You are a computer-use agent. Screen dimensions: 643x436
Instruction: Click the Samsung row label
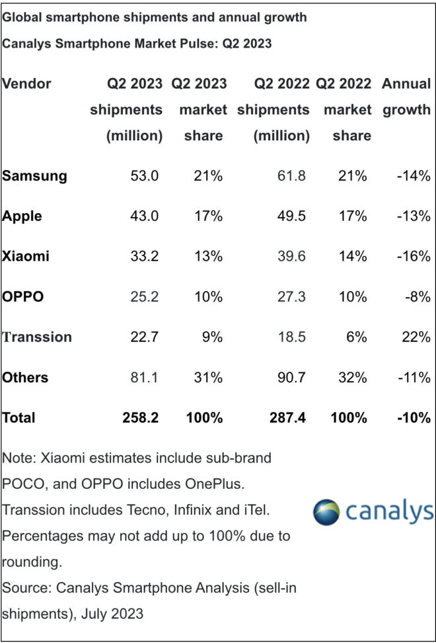(34, 176)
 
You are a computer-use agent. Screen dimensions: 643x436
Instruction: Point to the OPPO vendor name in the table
(23, 297)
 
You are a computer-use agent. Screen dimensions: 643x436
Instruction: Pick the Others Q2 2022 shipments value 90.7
(291, 377)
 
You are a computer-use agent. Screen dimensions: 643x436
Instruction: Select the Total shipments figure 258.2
(142, 417)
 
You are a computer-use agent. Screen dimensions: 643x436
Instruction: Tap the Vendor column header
(26, 84)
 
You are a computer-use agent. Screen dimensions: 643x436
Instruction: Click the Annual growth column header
(406, 97)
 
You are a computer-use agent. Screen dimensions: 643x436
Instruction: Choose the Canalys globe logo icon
(327, 513)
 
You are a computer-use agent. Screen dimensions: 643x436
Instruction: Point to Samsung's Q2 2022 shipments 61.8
(291, 176)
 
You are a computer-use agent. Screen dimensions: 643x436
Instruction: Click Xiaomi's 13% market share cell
(209, 257)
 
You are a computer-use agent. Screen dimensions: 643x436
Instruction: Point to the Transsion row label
(37, 337)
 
